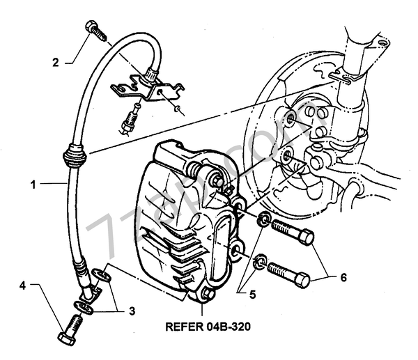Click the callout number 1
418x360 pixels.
click(x=32, y=185)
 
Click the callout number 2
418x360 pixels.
click(x=56, y=62)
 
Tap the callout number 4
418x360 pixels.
click(x=23, y=285)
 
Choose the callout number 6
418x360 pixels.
click(x=342, y=277)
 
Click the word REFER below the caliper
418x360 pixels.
click(x=187, y=325)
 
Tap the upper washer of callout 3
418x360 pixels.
click(x=100, y=275)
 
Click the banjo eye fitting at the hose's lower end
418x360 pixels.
click(x=90, y=290)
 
